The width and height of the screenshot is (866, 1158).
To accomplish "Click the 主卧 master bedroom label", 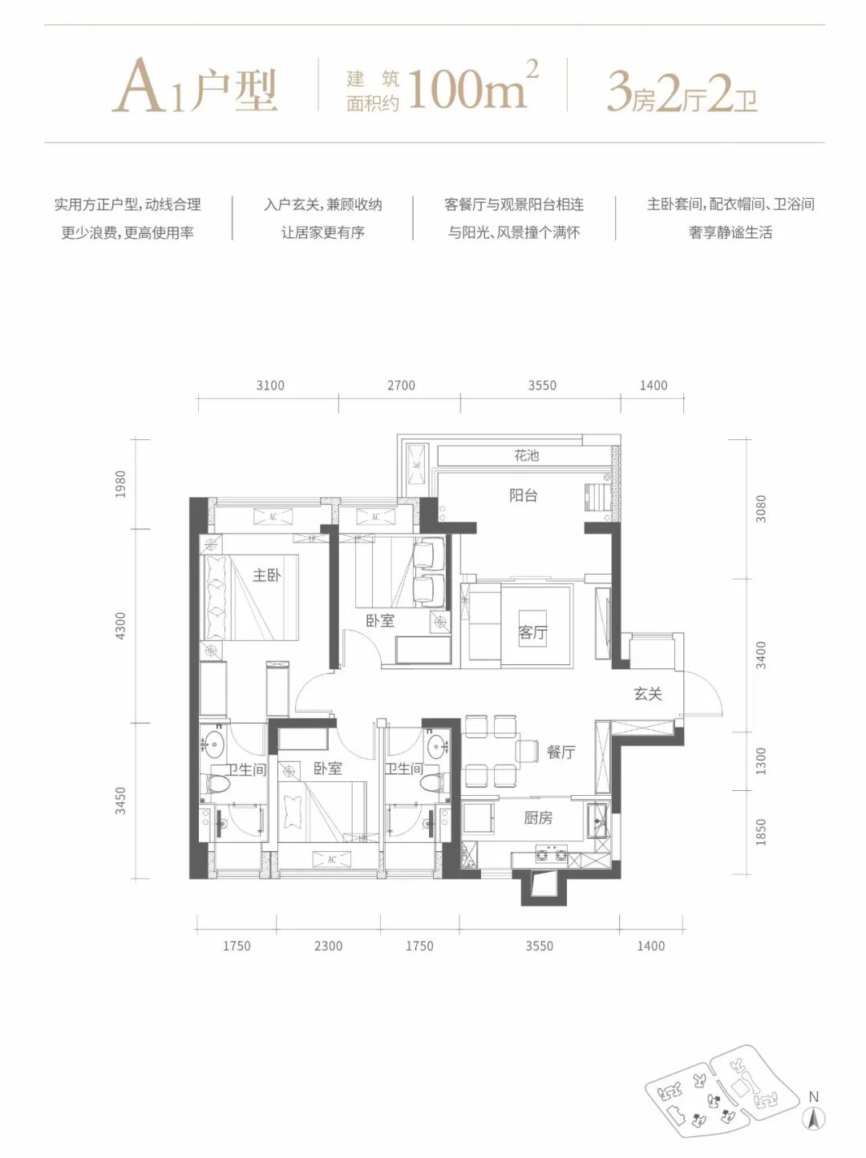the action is point(266,575).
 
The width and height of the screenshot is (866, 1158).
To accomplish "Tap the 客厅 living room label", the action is point(533,631).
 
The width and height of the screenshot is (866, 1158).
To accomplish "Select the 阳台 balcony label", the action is point(524,495).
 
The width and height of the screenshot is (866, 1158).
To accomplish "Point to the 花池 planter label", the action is point(527,454).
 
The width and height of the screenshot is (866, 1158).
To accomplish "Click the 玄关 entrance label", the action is point(648,694).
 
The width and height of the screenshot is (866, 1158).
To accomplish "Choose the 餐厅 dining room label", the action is point(560,752).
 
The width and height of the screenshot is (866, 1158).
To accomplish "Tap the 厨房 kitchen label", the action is point(538,817).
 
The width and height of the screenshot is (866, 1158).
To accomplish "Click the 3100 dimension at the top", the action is point(270,385).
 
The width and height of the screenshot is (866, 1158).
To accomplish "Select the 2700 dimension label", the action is point(401,385).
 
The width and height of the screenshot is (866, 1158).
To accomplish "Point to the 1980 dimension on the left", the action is point(121,484).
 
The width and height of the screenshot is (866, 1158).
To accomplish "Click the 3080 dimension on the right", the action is point(760,509).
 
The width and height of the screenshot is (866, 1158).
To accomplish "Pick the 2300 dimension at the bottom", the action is point(328,946).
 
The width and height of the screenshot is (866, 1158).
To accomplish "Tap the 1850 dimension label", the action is point(760,832).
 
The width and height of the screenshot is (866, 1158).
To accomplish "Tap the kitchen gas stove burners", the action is point(552,853).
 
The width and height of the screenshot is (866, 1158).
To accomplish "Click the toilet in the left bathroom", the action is point(216,784).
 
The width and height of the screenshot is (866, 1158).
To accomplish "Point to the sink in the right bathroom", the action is point(438,745).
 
